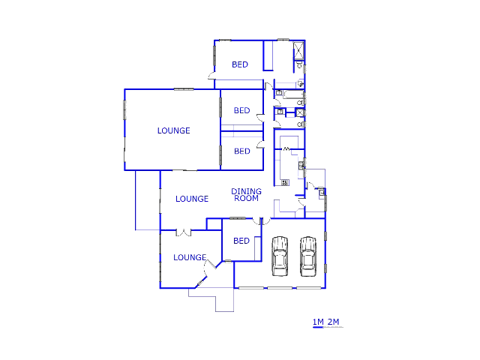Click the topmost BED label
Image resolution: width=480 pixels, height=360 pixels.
click(x=240, y=64)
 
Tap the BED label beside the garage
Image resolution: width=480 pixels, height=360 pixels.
click(x=241, y=241)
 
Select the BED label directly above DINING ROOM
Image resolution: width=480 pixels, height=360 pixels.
click(x=241, y=151)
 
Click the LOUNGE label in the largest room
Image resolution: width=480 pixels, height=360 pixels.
click(x=173, y=130)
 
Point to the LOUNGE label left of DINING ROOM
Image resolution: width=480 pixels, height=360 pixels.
click(x=192, y=199)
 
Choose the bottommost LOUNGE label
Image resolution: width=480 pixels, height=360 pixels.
click(x=190, y=257)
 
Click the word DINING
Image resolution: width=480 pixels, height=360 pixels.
click(x=245, y=191)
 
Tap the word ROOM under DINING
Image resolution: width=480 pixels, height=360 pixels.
click(x=246, y=199)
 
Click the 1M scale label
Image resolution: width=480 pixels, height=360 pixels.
click(x=317, y=322)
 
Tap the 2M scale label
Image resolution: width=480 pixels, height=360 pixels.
click(x=334, y=322)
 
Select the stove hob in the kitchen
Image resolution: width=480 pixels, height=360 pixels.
click(x=285, y=182)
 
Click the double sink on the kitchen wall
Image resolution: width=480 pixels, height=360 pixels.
click(x=302, y=164)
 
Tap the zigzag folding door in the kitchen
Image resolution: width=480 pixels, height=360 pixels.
click(x=287, y=151)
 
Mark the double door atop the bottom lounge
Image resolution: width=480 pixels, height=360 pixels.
click(x=178, y=232)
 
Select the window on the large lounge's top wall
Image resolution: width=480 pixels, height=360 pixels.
click(x=184, y=89)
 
